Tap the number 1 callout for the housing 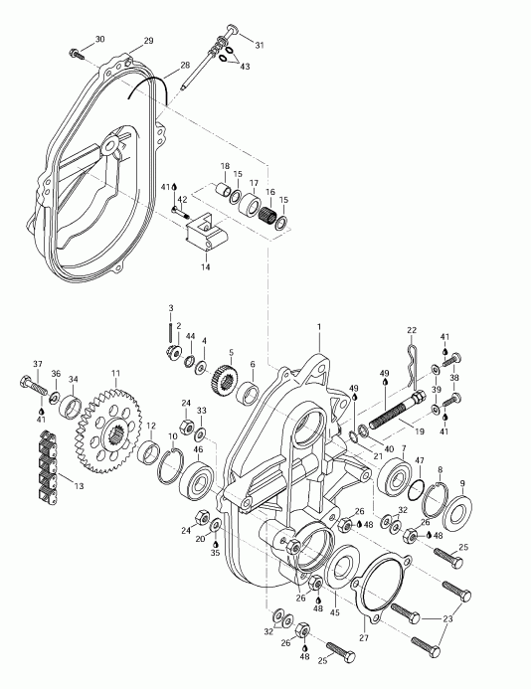tap(319, 327)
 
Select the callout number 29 tap(148, 40)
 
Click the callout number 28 tap(185, 67)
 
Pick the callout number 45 tap(335, 613)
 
